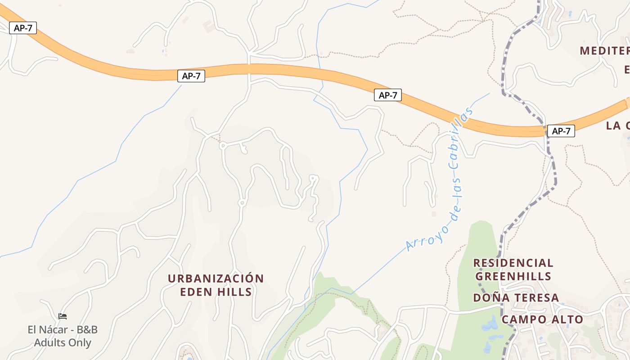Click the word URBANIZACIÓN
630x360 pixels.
(x=216, y=279)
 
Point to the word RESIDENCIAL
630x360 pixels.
(x=513, y=263)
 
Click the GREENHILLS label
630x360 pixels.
(x=513, y=276)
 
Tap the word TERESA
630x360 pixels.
(x=536, y=298)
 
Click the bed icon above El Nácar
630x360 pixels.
(x=63, y=316)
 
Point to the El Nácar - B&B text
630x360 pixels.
(x=63, y=330)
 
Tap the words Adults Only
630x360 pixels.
(x=63, y=343)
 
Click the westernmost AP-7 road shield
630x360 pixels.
(x=23, y=28)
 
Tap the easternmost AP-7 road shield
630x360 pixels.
(x=561, y=131)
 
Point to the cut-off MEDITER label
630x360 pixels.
(x=604, y=50)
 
